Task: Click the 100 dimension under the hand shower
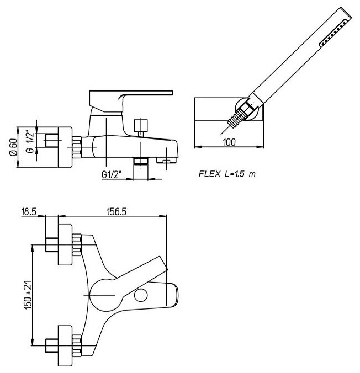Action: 230,142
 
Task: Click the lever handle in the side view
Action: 130,94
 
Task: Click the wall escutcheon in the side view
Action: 63,146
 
